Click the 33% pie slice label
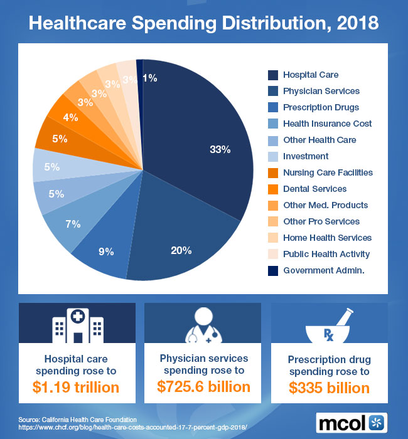pos(220,150)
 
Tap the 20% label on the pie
pos(181,250)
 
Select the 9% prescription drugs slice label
pos(106,251)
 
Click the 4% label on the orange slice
pos(70,117)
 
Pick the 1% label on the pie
pos(149,78)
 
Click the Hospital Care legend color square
pos(272,75)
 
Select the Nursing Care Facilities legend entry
pos(328,172)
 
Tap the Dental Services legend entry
pos(314,189)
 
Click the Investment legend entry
pos(306,156)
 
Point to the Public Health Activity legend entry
pos(326,254)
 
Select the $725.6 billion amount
pos(203,387)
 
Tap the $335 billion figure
pos(329,388)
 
